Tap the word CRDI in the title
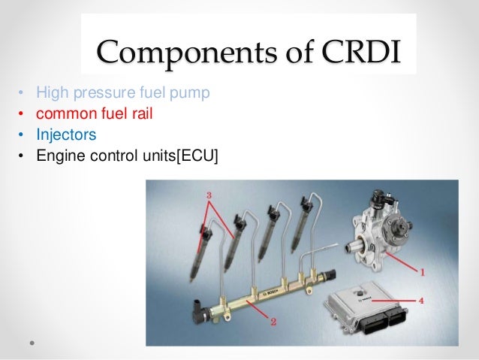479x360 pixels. click(360, 53)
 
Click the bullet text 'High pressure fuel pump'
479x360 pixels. click(120, 93)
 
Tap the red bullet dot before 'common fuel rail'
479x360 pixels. click(21, 115)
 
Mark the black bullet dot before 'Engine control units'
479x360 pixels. click(21, 157)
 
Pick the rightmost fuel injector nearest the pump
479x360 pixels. click(300, 226)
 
